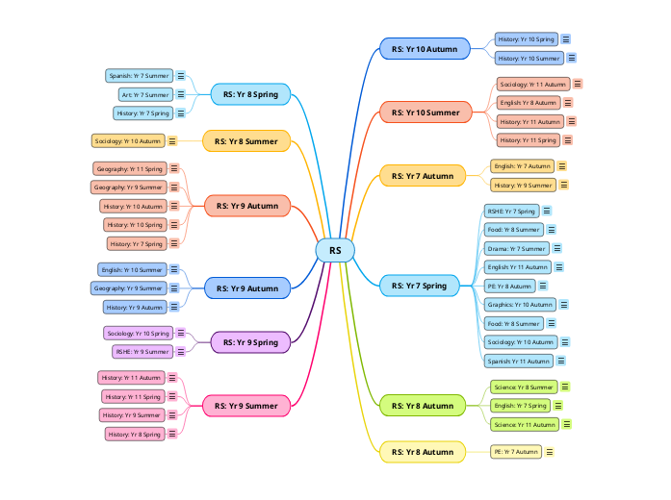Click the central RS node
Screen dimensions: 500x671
[x=335, y=251]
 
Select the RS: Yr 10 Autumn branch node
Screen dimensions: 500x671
[x=425, y=48]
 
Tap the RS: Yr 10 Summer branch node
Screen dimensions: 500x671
[x=425, y=112]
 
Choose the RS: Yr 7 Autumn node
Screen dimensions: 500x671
[x=423, y=175]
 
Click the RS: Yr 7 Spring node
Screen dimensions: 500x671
[x=420, y=286]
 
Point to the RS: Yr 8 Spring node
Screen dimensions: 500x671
[x=250, y=94]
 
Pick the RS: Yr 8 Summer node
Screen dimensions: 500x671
[x=246, y=141]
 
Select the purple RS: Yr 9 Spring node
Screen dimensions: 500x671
[x=250, y=341]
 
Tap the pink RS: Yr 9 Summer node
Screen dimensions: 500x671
[x=246, y=406]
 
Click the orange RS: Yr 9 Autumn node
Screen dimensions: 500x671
[x=246, y=206]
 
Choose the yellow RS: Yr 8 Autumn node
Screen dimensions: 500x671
[x=423, y=451]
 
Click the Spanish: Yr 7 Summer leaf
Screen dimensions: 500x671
[x=139, y=75]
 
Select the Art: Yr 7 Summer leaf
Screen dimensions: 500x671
[x=144, y=94]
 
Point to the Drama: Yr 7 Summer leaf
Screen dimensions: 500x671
[x=516, y=248]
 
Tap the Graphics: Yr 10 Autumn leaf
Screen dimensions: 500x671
[x=520, y=304]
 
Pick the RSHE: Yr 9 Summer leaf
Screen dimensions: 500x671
[x=142, y=352]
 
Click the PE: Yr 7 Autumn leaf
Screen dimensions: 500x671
[x=515, y=451]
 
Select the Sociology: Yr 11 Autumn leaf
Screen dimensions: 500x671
[x=533, y=85]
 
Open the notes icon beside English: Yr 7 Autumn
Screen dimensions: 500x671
[x=562, y=166]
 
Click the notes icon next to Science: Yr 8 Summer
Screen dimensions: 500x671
[x=565, y=387]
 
